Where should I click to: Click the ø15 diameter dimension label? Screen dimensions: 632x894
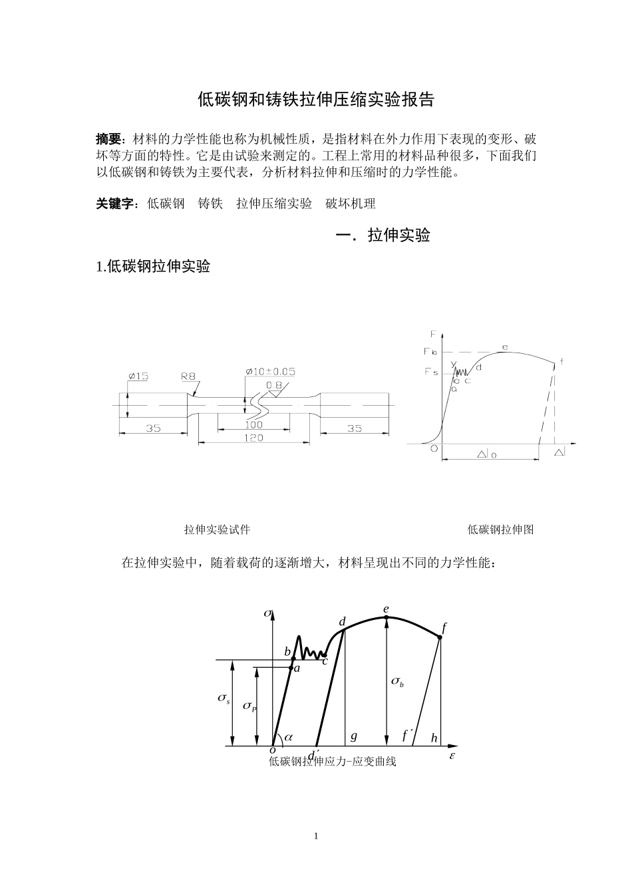138,376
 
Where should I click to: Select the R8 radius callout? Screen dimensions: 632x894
188,376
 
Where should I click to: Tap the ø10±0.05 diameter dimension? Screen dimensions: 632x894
270,371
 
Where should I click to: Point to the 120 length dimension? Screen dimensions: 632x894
253,437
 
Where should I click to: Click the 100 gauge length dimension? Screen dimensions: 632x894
253,424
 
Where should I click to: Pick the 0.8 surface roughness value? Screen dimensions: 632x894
274,384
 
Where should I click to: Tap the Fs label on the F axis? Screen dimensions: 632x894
431,372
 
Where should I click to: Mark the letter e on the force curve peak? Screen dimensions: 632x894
505,347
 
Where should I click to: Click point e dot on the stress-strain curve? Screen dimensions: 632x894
387,617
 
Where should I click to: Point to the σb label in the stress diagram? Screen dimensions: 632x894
397,681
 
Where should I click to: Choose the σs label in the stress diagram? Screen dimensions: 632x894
224,698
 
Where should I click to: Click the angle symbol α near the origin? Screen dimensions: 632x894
289,737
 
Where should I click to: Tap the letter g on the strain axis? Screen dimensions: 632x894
354,736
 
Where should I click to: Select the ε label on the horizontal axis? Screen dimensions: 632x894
452,757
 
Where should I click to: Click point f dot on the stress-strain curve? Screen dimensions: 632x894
440,637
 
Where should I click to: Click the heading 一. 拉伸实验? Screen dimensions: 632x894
383,235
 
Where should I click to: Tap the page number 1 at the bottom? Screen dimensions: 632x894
316,836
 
